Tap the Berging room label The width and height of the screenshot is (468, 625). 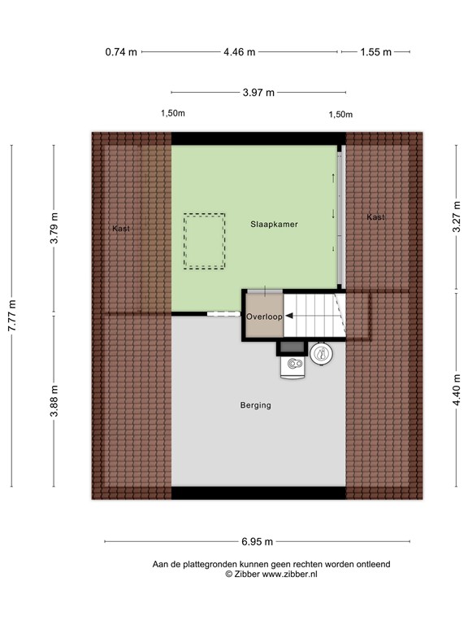click(x=255, y=405)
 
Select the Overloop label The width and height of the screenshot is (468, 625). click(x=264, y=317)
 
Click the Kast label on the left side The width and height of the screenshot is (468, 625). click(x=121, y=229)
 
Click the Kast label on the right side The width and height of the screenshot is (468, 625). click(x=375, y=217)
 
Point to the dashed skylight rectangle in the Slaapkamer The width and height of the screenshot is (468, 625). click(x=204, y=241)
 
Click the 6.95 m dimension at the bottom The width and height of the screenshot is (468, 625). click(x=257, y=542)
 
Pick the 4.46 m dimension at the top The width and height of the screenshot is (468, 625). click(x=240, y=52)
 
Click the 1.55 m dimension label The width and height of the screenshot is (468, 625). click(x=376, y=52)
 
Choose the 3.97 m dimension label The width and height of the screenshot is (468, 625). click(x=258, y=93)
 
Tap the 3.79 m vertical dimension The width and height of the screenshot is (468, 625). click(x=54, y=229)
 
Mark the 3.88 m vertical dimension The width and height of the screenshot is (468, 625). click(x=54, y=402)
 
